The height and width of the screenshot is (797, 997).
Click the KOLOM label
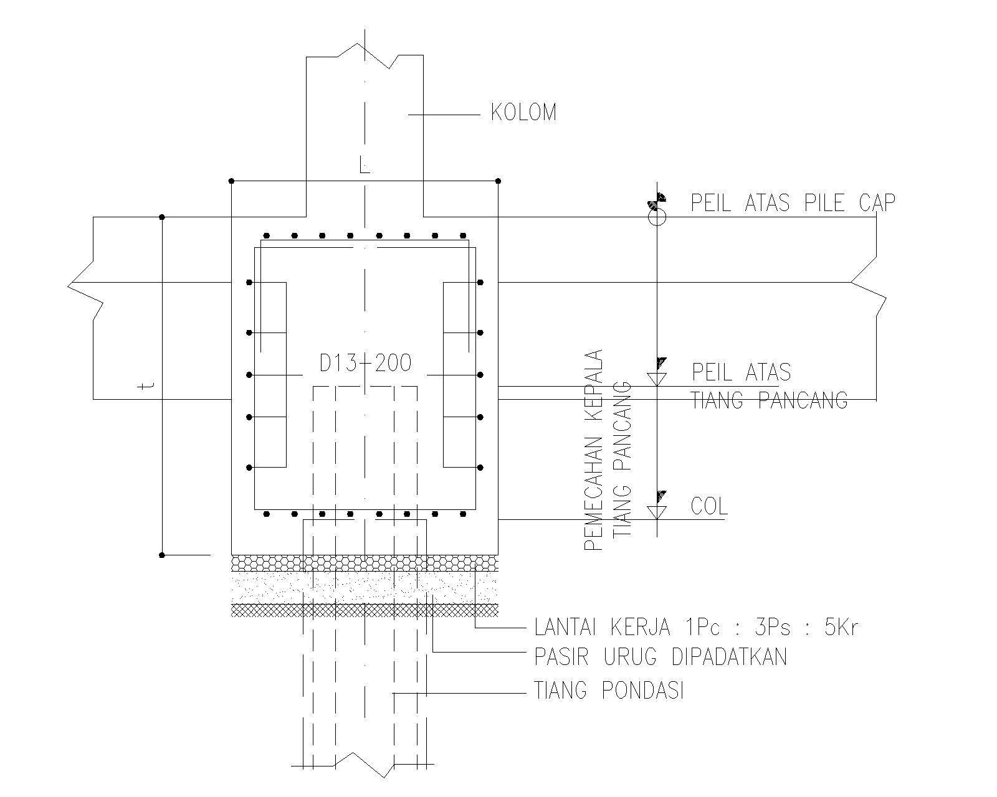(523, 113)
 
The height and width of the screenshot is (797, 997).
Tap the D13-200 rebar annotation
(365, 363)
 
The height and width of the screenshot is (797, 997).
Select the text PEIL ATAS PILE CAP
(793, 202)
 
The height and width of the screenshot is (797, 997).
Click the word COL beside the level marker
(709, 506)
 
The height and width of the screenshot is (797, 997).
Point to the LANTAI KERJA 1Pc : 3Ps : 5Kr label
(697, 628)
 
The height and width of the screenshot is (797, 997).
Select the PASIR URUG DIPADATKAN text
(661, 657)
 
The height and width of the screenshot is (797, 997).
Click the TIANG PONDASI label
(609, 691)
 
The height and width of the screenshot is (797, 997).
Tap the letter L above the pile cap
(365, 165)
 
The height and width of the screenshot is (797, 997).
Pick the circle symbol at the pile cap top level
(657, 217)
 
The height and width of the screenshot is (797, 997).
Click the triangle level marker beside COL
(657, 512)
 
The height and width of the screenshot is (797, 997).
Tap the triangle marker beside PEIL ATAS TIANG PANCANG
(657, 379)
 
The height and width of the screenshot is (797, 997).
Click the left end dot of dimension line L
(231, 181)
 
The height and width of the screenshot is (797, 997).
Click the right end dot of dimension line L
(498, 181)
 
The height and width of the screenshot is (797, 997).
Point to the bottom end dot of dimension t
(162, 555)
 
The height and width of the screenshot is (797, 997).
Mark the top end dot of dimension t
(162, 217)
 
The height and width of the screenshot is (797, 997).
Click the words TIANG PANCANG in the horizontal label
(770, 400)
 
